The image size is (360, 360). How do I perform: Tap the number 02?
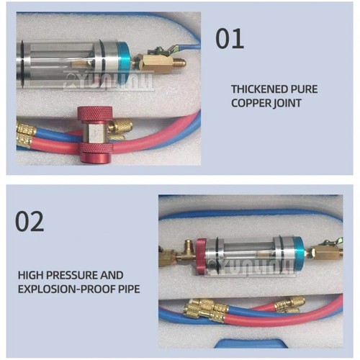(30, 222)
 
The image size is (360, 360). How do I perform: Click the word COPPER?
(250, 103)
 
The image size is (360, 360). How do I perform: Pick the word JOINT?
(287, 103)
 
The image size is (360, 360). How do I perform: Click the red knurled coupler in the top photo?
(94, 133)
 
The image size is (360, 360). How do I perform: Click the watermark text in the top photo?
(108, 81)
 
